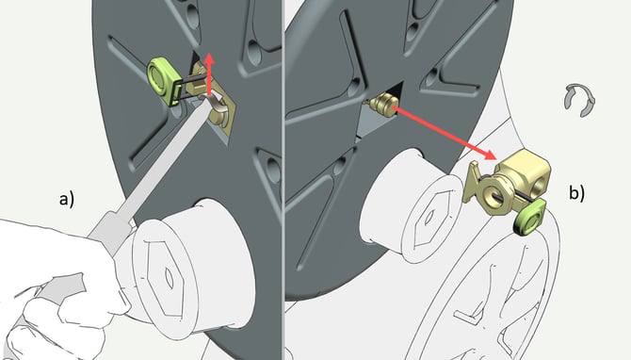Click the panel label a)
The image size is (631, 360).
pyautogui.click(x=67, y=200)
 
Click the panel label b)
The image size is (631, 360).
pyautogui.click(x=576, y=192)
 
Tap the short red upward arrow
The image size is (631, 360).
pyautogui.click(x=209, y=74)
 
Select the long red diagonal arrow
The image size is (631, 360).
pyautogui.click(x=444, y=133)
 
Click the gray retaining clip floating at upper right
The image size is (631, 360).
pyautogui.click(x=578, y=100)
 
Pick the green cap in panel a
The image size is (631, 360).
pyautogui.click(x=161, y=80)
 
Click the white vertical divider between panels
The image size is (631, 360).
pyautogui.click(x=283, y=180)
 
